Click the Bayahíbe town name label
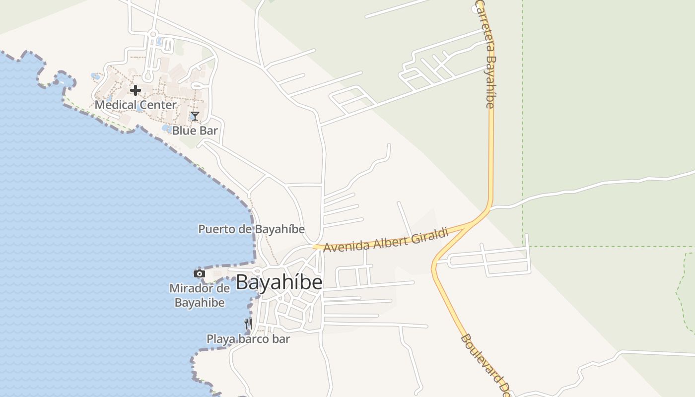pyautogui.click(x=279, y=282)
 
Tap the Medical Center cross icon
pyautogui.click(x=135, y=90)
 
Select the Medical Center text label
pyautogui.click(x=136, y=105)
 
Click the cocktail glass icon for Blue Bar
pyautogui.click(x=195, y=116)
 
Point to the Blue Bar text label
pyautogui.click(x=195, y=131)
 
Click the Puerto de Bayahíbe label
pyautogui.click(x=251, y=229)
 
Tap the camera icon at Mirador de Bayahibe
pyautogui.click(x=199, y=273)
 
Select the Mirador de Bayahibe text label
pyautogui.click(x=200, y=295)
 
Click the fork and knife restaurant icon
pyautogui.click(x=248, y=325)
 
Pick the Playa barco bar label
pyautogui.click(x=248, y=339)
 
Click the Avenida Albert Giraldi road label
pyautogui.click(x=386, y=240)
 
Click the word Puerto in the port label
pyautogui.click(x=214, y=229)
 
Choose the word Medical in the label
pyautogui.click(x=116, y=105)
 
